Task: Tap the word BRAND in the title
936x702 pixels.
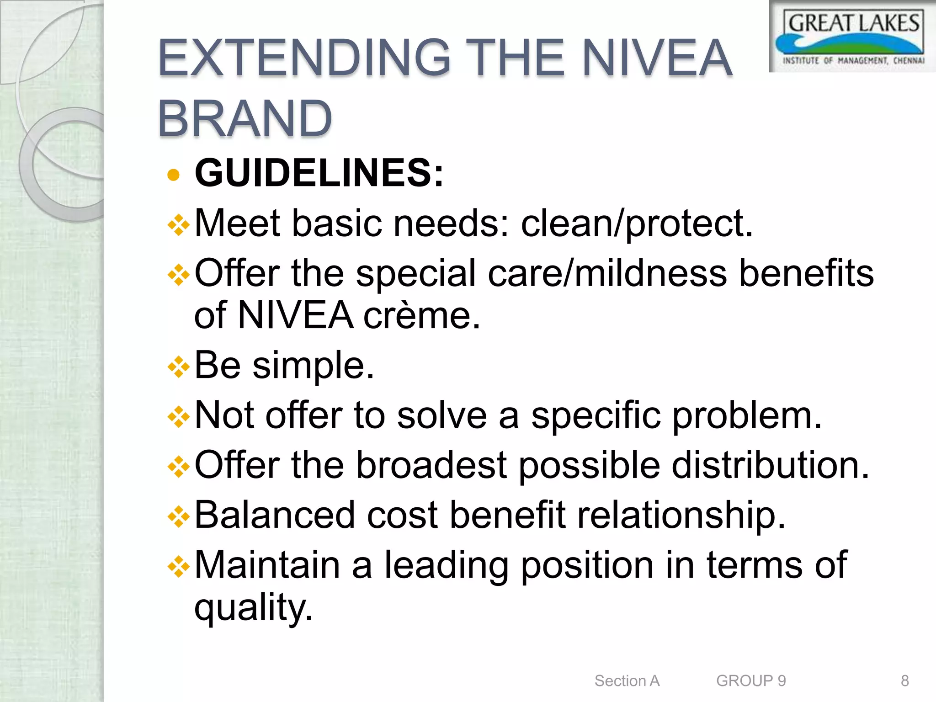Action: tap(245, 119)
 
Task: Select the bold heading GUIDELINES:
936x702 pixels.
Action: tap(319, 173)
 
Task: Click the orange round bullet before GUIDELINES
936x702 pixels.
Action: tap(173, 175)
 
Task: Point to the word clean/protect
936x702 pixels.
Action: tap(637, 223)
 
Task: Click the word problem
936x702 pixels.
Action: tap(747, 416)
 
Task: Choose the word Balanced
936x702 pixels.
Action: tap(275, 515)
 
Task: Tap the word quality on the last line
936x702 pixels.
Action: tap(254, 608)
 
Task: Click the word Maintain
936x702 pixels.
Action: tap(267, 565)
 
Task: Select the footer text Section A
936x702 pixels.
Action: tap(627, 681)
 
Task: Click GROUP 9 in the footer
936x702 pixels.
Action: tap(751, 681)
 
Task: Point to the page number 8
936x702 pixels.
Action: tap(904, 681)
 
